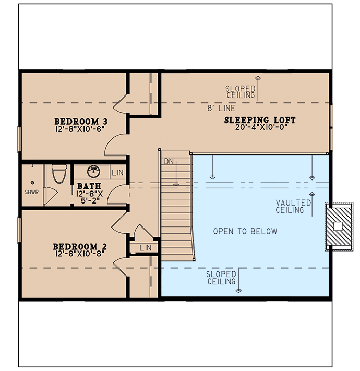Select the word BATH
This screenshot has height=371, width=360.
[86, 186]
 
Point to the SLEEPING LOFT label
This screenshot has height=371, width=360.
[260, 121]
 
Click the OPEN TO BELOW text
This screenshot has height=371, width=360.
[245, 231]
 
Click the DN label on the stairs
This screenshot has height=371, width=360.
[169, 163]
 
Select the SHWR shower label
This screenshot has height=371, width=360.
[32, 192]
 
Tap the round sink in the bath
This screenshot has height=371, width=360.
[94, 171]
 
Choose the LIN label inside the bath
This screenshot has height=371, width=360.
[117, 172]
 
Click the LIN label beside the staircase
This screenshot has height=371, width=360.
[146, 248]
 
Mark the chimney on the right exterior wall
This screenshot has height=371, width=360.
[338, 226]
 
